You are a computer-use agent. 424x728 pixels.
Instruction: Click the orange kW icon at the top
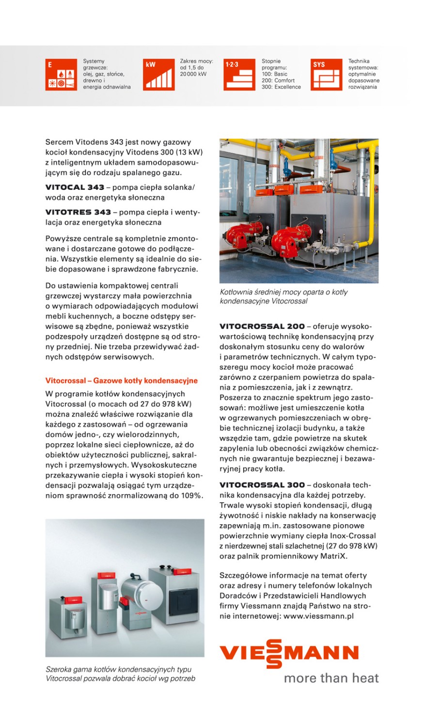point(159,75)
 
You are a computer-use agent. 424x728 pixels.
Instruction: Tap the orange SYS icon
point(326,75)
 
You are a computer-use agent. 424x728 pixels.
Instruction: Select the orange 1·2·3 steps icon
point(239,75)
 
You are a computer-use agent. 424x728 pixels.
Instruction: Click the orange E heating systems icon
point(61,75)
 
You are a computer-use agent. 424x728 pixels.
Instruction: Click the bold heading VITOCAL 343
point(75,187)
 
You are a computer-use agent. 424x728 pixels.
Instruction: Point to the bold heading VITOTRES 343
point(78,212)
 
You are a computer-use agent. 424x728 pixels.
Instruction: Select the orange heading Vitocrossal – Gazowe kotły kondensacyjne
point(121,381)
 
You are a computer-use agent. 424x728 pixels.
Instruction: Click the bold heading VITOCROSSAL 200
point(262,326)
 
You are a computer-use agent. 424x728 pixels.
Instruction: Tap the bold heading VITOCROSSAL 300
point(262,485)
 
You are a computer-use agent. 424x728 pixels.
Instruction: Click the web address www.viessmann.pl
point(318,616)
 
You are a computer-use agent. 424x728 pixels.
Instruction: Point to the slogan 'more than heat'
point(331,678)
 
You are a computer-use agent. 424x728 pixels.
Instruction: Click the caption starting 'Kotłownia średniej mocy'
point(283,297)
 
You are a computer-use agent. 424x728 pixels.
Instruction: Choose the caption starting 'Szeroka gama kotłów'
point(120,674)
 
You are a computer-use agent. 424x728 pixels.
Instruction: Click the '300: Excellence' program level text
point(281,87)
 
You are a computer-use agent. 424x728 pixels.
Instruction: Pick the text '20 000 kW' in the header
point(193,74)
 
